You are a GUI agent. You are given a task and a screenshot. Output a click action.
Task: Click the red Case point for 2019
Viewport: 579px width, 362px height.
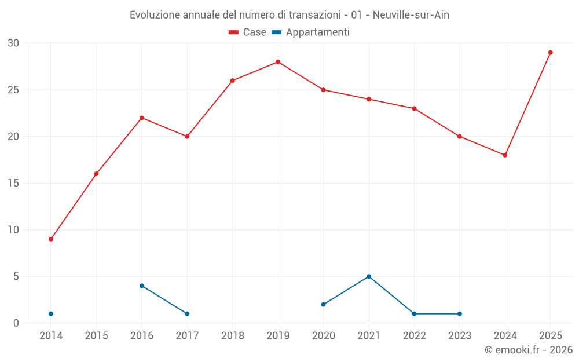[278, 62]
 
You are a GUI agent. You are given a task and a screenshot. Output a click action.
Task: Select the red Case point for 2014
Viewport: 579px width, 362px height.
[51, 239]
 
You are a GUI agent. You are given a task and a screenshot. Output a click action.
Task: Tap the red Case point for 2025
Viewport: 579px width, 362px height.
[550, 53]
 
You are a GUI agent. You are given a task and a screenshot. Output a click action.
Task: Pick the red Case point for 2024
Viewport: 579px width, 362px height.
[505, 155]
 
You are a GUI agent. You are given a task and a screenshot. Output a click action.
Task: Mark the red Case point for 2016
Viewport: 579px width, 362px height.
[142, 118]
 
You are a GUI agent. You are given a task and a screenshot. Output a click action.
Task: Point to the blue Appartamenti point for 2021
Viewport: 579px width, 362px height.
[368, 276]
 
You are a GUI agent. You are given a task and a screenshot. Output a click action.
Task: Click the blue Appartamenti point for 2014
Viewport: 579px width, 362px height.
[51, 313]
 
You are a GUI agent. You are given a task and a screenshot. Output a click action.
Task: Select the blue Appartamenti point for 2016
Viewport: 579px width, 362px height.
[142, 286]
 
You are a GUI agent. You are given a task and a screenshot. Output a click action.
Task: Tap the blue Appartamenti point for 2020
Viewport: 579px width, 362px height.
[324, 305]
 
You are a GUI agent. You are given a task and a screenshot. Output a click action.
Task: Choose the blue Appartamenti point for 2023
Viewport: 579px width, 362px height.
[459, 313]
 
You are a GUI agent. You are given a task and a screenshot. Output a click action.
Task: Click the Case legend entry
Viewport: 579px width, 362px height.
[247, 32]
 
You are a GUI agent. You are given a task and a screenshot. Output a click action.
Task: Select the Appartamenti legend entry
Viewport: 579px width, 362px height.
[310, 32]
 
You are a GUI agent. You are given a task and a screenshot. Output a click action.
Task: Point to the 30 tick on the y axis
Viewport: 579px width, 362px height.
[13, 43]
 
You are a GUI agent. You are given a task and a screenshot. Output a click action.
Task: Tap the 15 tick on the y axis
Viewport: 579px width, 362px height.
[13, 183]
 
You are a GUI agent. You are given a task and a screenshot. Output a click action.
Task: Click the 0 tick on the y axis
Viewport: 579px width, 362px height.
[16, 323]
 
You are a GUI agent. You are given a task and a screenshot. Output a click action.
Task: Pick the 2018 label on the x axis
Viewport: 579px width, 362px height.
[233, 335]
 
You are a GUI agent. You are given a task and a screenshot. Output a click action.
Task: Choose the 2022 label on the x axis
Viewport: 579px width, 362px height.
[415, 335]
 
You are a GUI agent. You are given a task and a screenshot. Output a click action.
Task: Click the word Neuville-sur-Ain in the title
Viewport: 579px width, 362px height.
[411, 15]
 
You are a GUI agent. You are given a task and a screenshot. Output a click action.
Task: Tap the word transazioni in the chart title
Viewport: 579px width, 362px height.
[314, 15]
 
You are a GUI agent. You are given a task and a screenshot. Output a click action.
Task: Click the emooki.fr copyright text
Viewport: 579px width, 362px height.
[529, 349]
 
